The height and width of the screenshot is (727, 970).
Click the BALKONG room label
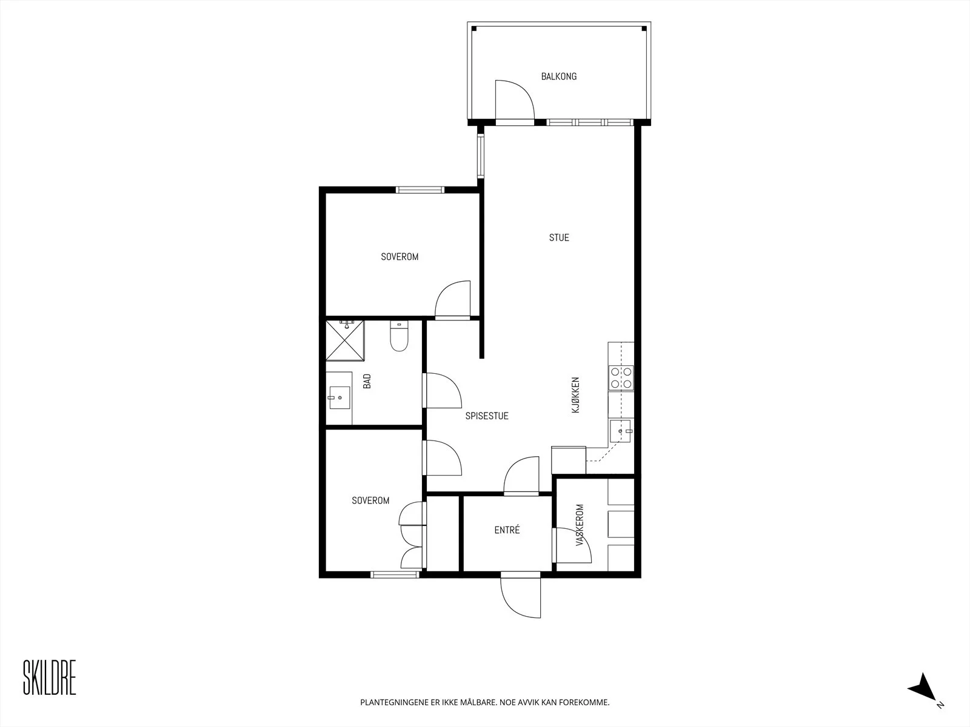point(558,76)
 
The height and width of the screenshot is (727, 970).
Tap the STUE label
point(559,237)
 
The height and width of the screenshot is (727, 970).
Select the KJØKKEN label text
point(575,394)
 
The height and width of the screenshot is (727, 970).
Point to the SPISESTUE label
point(487,416)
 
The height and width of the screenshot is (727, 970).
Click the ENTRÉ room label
point(507,529)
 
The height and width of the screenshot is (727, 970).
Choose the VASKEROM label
point(580,525)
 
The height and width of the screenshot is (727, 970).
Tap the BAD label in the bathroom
point(367,382)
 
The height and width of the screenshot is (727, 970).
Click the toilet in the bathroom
point(399,336)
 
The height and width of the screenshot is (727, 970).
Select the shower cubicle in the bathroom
point(345,340)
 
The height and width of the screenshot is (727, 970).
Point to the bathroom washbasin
point(339,397)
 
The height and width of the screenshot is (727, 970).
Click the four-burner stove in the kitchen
point(621,378)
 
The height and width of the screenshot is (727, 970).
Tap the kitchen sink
point(621,431)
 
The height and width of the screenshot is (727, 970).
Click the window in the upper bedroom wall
point(420,190)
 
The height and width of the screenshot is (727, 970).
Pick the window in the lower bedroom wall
point(395,574)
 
